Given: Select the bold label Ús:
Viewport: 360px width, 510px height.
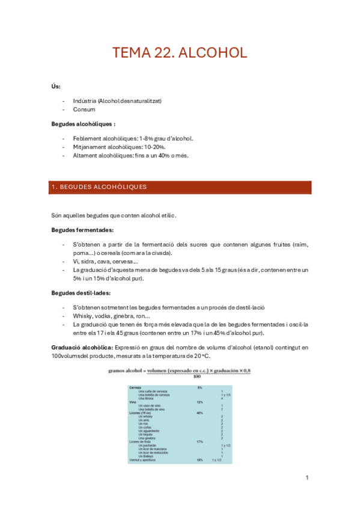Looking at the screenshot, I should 56,86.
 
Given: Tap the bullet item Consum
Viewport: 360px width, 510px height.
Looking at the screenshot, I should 84,110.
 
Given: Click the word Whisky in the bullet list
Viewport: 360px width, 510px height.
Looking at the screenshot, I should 83,316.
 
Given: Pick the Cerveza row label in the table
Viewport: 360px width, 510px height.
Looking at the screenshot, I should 136,387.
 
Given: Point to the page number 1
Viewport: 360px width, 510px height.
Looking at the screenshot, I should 307,478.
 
